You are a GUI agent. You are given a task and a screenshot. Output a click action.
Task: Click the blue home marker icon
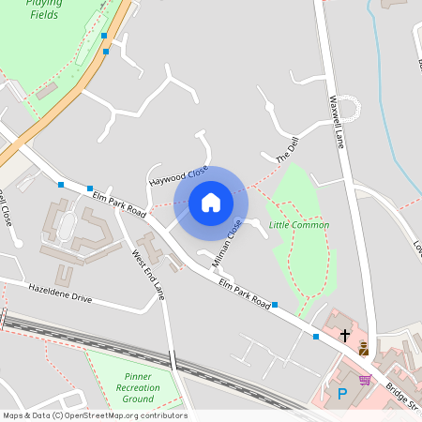210,201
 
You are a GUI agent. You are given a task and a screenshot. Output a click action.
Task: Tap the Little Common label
299,225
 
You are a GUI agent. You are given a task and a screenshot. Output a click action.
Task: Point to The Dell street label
286,149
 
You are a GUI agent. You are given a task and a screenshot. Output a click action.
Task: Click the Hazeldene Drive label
60,292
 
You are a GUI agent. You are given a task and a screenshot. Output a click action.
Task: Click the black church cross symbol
345,334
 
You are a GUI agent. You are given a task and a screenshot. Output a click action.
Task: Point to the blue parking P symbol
342,395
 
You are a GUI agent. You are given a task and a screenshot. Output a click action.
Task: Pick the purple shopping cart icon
365,380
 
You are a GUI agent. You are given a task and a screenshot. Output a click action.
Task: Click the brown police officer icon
363,349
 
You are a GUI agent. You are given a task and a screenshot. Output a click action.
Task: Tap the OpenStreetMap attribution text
95,415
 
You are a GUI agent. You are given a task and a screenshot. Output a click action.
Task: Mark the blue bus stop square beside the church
316,336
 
